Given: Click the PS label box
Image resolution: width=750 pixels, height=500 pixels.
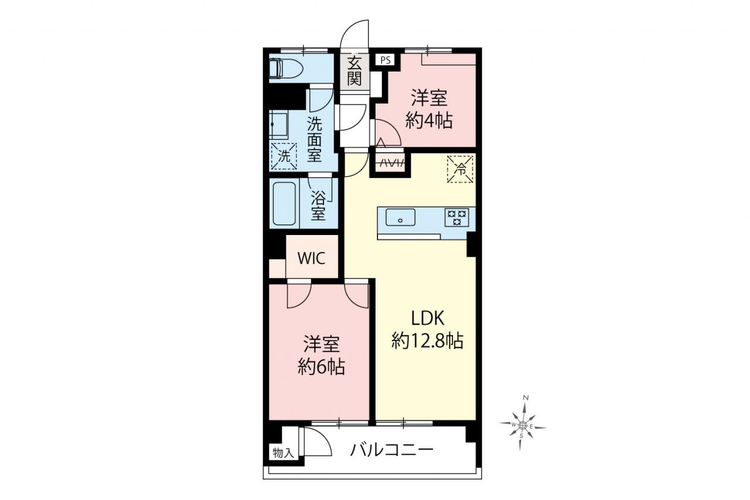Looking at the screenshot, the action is pyautogui.click(x=385, y=60).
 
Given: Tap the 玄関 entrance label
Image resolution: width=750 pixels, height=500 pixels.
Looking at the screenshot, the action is pyautogui.click(x=354, y=72).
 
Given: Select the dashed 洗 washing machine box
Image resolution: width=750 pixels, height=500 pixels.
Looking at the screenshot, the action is pyautogui.click(x=284, y=157).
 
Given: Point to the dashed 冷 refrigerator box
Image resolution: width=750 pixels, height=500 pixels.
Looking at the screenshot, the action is pyautogui.click(x=460, y=169).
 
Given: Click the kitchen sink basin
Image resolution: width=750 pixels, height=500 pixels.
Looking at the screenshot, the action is pyautogui.click(x=400, y=217).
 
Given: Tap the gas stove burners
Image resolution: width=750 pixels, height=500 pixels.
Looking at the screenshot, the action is pyautogui.click(x=456, y=217).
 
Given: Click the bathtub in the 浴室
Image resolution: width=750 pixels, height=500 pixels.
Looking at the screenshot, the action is pyautogui.click(x=284, y=203).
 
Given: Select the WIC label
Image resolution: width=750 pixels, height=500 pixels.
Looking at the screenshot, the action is pyautogui.click(x=311, y=258).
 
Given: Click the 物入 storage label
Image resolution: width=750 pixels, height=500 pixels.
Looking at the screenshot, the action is pyautogui.click(x=283, y=453).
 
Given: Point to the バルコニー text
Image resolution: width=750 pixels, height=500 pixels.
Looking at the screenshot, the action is pyautogui.click(x=391, y=450).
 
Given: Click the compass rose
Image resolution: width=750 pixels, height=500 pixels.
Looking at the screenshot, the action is pyautogui.click(x=522, y=426).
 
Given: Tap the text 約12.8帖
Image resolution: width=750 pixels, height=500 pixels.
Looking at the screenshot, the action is pyautogui.click(x=428, y=341).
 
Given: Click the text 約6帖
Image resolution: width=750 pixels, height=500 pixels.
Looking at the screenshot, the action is pyautogui.click(x=322, y=367).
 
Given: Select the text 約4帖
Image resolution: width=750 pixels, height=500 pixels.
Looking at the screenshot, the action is pyautogui.click(x=429, y=120).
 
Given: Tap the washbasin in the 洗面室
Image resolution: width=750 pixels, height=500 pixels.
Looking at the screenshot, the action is pyautogui.click(x=278, y=125).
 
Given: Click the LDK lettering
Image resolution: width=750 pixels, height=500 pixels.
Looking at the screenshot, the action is pyautogui.click(x=428, y=318).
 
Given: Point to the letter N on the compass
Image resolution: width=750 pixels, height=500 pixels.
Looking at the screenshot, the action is pyautogui.click(x=526, y=398).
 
